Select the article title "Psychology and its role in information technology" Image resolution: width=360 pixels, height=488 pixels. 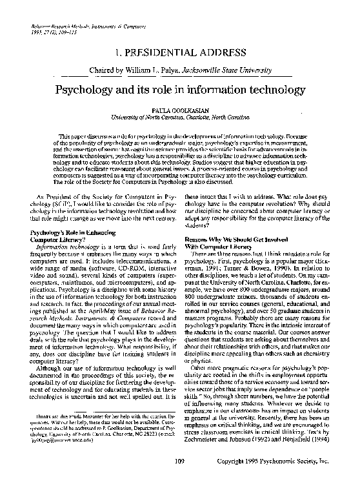pyautogui.click(x=180, y=86)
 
